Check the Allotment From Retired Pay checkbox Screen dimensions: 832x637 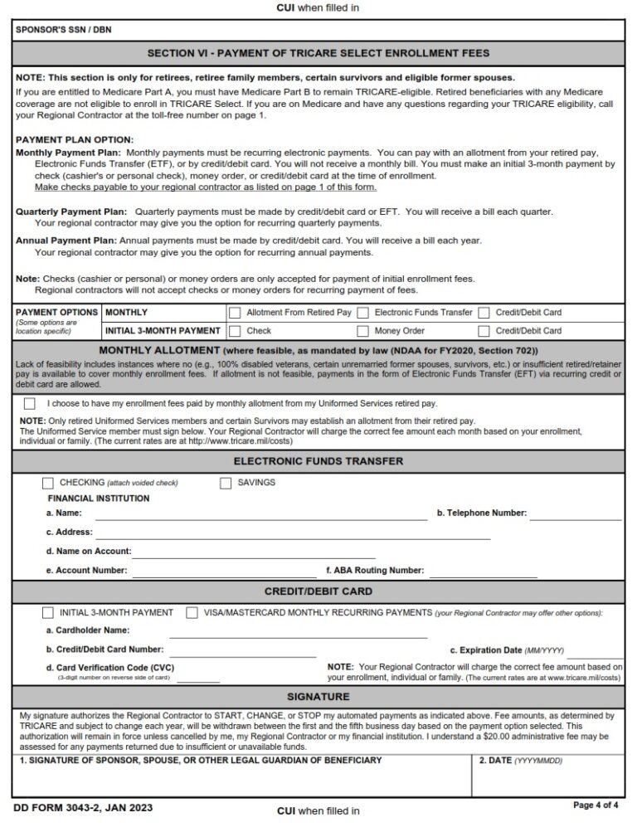(235, 313)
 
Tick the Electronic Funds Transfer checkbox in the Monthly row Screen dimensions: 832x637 (362, 313)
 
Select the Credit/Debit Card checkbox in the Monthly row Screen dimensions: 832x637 (484, 313)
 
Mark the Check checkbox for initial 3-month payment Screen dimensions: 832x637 (235, 330)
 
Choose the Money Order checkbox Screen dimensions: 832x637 (362, 330)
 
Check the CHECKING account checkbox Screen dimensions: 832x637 (48, 483)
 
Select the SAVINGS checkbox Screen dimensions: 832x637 (226, 483)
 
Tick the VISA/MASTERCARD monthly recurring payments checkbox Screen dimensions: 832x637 (192, 613)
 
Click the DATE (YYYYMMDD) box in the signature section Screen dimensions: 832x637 (548, 776)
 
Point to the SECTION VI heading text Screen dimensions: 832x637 (318, 53)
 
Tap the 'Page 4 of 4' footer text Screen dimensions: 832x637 (596, 805)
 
